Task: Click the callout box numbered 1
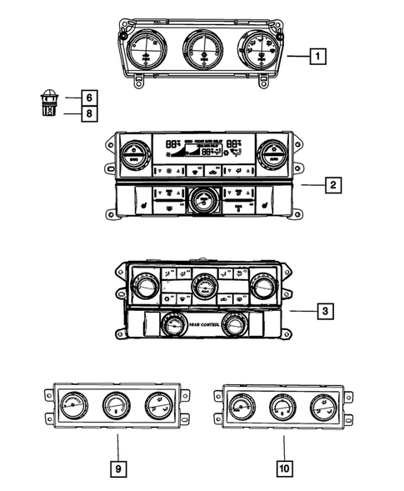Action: point(317,58)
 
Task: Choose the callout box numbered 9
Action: point(118,469)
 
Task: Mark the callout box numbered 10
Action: point(284,469)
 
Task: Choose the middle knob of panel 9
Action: point(115,408)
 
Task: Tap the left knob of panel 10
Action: point(242,408)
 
